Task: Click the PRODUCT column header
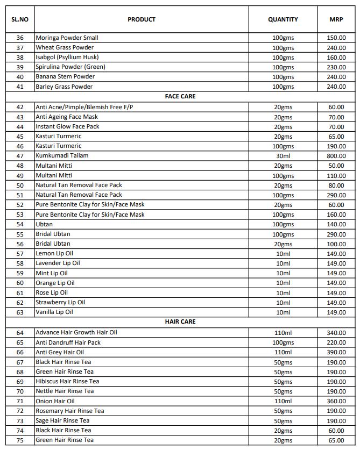tap(142, 19)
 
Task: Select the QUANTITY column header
tap(283, 19)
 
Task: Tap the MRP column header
tap(336, 19)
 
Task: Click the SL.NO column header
tap(20, 19)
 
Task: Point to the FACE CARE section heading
tap(180, 96)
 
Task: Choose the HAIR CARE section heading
tap(180, 322)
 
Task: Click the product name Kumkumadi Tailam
tap(62, 156)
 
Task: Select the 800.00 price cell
tap(336, 156)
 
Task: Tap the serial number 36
tap(20, 38)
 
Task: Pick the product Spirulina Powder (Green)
tap(70, 67)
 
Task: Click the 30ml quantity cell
tap(283, 156)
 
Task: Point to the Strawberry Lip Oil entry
tap(60, 303)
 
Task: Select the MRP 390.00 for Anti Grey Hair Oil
tap(336, 352)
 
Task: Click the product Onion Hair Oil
tap(55, 401)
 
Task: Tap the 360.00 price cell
tap(336, 401)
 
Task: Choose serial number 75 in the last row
tap(20, 440)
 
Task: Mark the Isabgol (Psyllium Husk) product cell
tap(67, 58)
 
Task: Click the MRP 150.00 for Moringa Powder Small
tap(336, 38)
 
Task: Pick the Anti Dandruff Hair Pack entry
tap(68, 342)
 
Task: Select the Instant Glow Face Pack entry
tap(67, 127)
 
